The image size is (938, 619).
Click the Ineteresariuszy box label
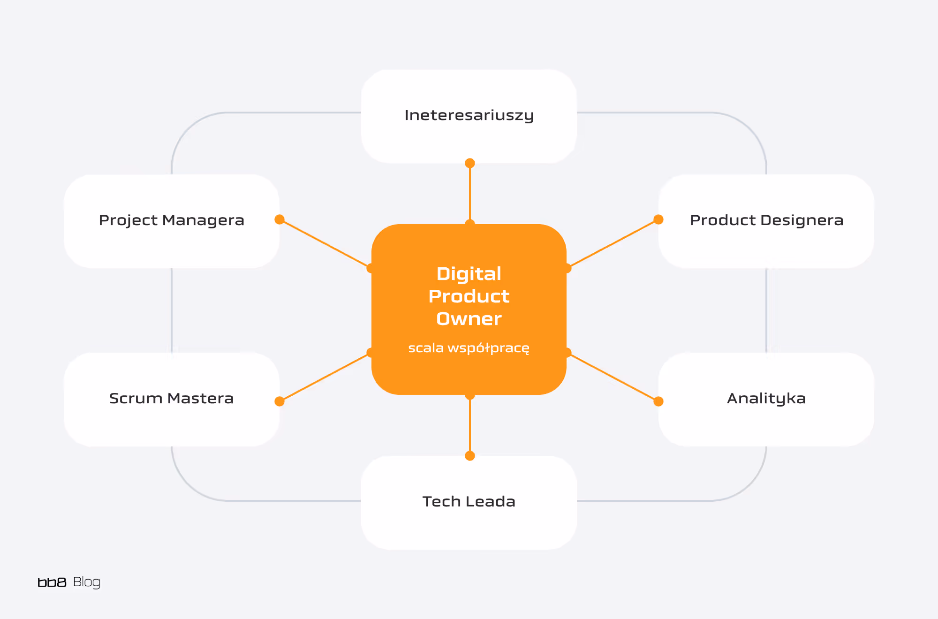(x=469, y=115)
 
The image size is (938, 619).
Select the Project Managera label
(x=172, y=220)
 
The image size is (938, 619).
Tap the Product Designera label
(x=766, y=220)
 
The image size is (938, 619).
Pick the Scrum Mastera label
(x=172, y=399)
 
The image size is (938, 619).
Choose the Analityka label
(x=766, y=399)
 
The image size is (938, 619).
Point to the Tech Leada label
(x=469, y=502)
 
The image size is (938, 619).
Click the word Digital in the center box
(x=469, y=274)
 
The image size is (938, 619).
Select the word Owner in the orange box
(x=469, y=319)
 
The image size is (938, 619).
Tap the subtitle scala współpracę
(x=469, y=348)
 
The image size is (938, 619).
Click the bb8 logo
(x=52, y=582)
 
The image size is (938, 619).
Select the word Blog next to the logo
(x=87, y=582)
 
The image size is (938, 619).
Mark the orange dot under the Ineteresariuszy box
(x=470, y=163)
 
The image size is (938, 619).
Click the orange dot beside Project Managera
(x=280, y=219)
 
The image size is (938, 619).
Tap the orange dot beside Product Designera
(x=658, y=219)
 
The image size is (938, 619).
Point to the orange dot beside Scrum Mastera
(x=280, y=401)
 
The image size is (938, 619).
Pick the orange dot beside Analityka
(x=658, y=401)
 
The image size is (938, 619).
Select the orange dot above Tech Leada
(x=470, y=456)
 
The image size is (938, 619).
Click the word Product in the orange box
(x=469, y=296)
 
